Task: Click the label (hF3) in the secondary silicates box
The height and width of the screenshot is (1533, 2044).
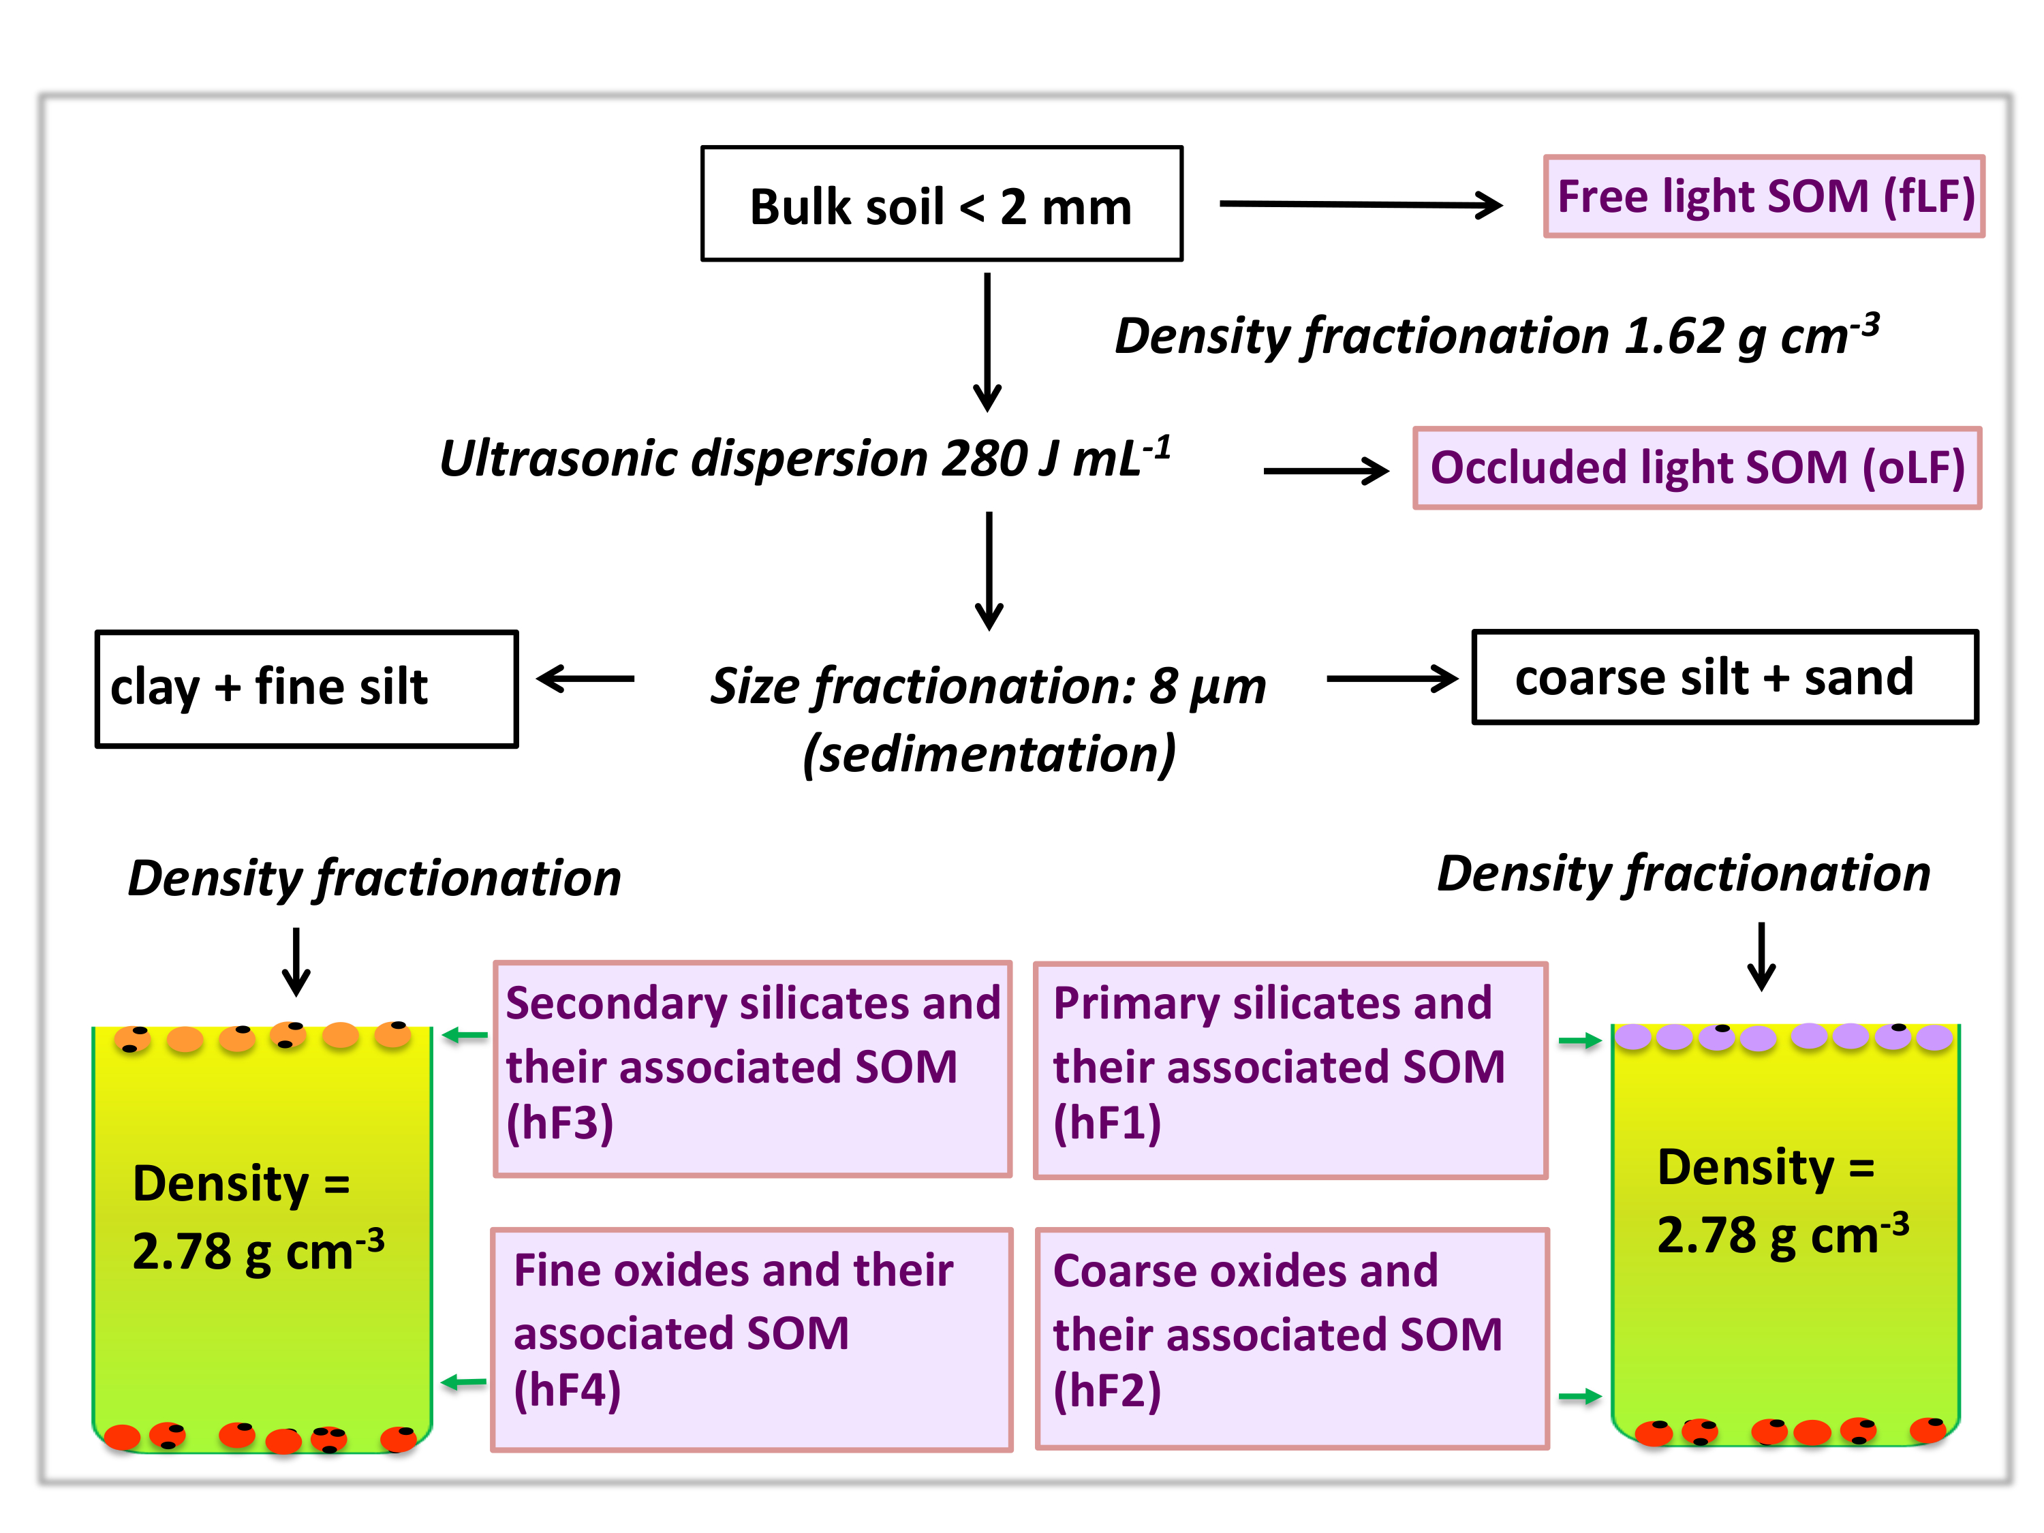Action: click(559, 1121)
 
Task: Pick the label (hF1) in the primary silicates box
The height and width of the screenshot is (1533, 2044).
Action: click(1107, 1121)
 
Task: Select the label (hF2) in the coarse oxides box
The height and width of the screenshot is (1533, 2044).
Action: click(1107, 1390)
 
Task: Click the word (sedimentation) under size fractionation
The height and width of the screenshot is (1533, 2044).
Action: click(990, 754)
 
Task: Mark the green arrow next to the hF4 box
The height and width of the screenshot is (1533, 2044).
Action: click(464, 1382)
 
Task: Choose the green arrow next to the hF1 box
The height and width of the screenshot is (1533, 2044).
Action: click(1580, 1041)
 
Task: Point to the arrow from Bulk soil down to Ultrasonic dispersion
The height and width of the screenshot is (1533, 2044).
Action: click(987, 342)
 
